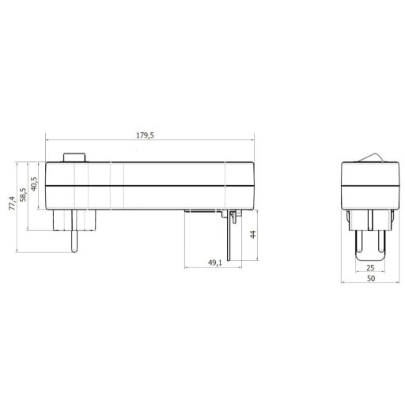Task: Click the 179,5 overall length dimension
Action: click(145, 135)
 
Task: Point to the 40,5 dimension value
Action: click(34, 184)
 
